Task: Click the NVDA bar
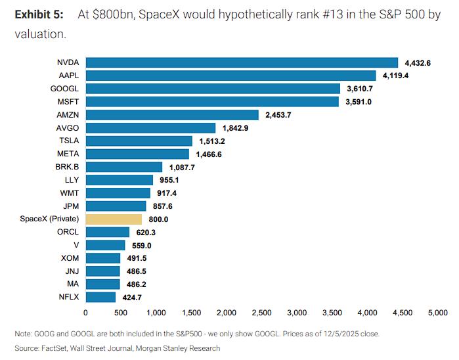pyautogui.click(x=242, y=63)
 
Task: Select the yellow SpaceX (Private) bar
pyautogui.click(x=114, y=219)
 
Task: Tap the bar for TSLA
pyautogui.click(x=139, y=141)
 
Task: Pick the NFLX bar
pyautogui.click(x=100, y=297)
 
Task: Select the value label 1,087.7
pyautogui.click(x=181, y=168)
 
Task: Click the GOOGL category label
pyautogui.click(x=66, y=89)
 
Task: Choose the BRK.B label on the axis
pyautogui.click(x=68, y=167)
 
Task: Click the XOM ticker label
pyautogui.click(x=70, y=258)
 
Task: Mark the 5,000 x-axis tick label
pyautogui.click(x=437, y=313)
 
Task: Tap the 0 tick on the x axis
pyautogui.click(x=86, y=313)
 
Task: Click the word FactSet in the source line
pyautogui.click(x=57, y=348)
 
